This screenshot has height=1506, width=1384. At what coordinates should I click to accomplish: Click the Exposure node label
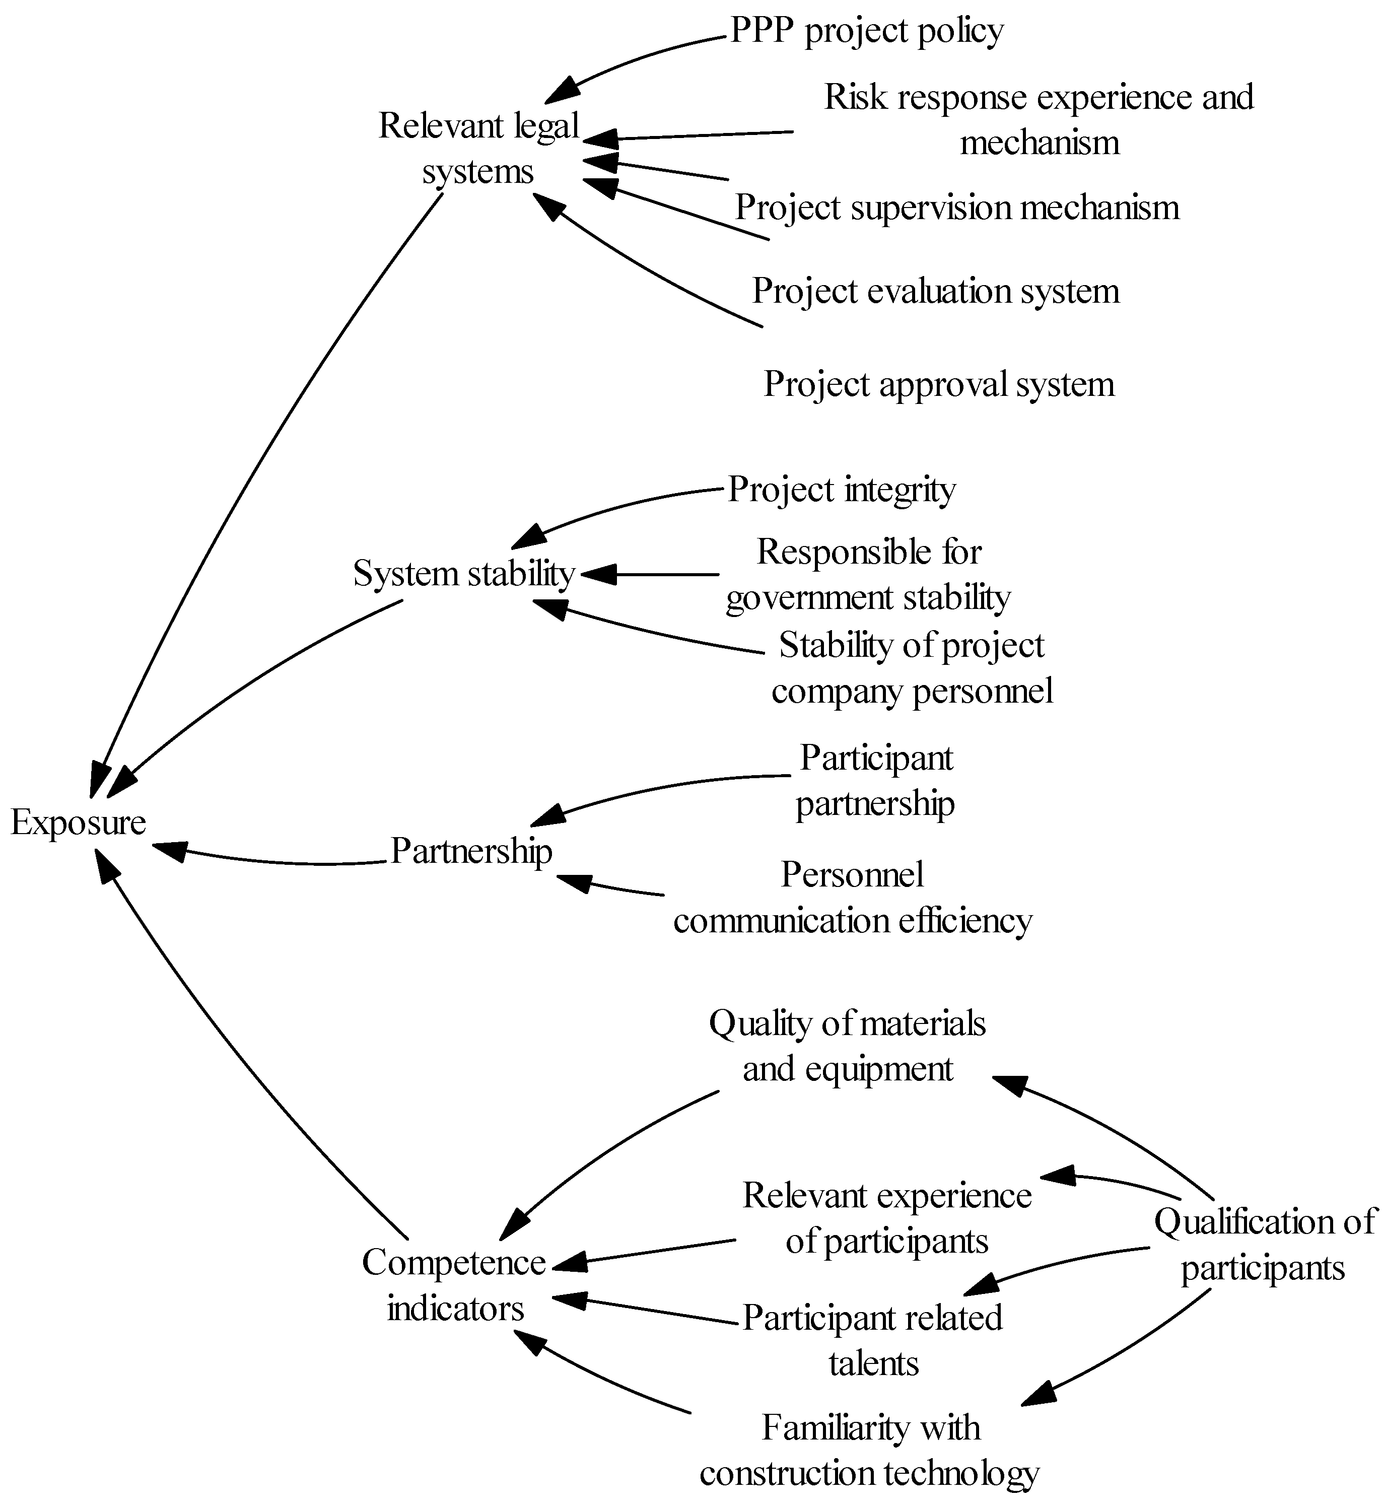[x=78, y=823]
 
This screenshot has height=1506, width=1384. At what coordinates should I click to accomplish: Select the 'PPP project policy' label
[x=866, y=31]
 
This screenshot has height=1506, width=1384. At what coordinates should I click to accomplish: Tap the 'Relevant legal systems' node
[x=478, y=148]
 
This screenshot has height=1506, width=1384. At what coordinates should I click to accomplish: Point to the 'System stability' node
[x=463, y=574]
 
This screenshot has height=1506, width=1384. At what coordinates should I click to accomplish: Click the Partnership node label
[x=471, y=852]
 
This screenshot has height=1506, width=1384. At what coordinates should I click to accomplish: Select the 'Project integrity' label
[x=841, y=490]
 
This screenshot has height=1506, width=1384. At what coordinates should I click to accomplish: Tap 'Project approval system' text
[x=938, y=385]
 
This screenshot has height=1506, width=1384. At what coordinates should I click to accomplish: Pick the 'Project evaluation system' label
[x=935, y=291]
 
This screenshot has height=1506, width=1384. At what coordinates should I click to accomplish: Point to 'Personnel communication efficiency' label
[x=852, y=898]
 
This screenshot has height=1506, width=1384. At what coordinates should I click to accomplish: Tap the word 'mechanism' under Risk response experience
[x=1040, y=142]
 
